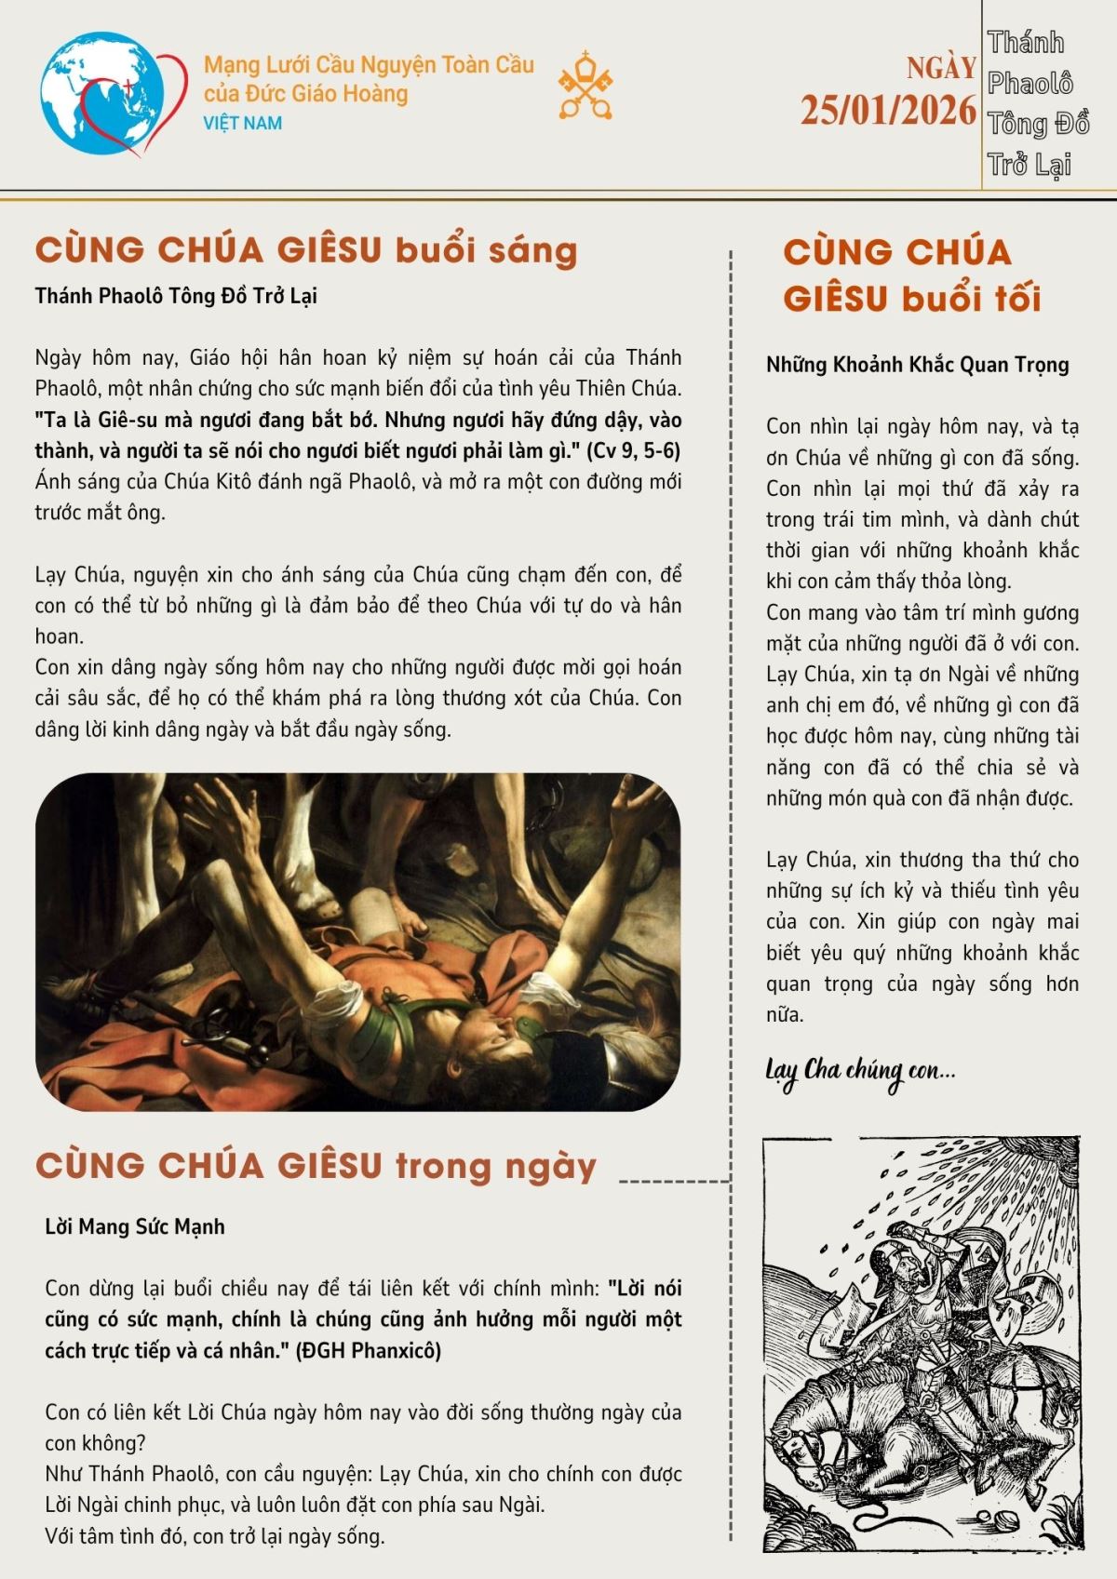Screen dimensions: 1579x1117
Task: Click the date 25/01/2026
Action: click(x=888, y=111)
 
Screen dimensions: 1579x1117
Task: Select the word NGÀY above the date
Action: click(x=941, y=68)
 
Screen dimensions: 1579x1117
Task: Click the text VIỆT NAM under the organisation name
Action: click(x=243, y=123)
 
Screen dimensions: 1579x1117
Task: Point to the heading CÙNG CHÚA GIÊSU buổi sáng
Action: click(x=306, y=250)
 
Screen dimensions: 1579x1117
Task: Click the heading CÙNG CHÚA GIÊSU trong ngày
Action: click(x=316, y=1166)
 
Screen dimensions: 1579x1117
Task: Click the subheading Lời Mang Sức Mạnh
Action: click(x=135, y=1226)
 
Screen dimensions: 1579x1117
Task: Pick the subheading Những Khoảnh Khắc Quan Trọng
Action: click(x=917, y=365)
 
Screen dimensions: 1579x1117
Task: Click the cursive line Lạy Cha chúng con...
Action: click(x=860, y=1071)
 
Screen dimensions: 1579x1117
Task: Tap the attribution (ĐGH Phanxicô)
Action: click(x=369, y=1350)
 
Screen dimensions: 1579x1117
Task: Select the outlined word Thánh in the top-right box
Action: click(x=1025, y=43)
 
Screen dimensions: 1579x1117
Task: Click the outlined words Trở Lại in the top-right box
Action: click(x=1029, y=166)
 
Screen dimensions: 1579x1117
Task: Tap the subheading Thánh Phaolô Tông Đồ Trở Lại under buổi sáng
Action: click(x=176, y=296)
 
